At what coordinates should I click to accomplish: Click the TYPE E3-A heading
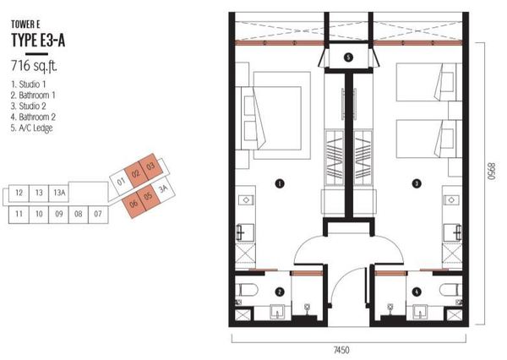(38, 41)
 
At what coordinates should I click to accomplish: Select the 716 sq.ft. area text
(35, 66)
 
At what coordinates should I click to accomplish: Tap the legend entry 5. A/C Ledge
(31, 128)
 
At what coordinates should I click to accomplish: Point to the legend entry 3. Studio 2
(28, 106)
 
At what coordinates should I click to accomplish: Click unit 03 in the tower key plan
(150, 166)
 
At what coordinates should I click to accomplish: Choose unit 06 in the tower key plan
(134, 204)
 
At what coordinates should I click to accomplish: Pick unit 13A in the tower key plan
(59, 193)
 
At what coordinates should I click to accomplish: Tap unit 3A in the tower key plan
(164, 188)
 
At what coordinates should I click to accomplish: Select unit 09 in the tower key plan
(59, 214)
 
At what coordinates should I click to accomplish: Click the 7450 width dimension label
(341, 350)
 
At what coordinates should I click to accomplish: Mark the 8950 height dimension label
(492, 171)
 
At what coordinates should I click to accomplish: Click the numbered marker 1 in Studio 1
(280, 183)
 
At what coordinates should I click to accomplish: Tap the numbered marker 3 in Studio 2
(417, 183)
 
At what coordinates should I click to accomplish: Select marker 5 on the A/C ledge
(348, 57)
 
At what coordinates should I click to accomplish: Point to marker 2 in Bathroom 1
(280, 292)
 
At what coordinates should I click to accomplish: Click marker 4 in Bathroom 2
(417, 292)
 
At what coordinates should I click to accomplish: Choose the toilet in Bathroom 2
(450, 290)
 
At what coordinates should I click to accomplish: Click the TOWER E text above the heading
(25, 25)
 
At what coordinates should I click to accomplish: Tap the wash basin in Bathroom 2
(420, 312)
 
